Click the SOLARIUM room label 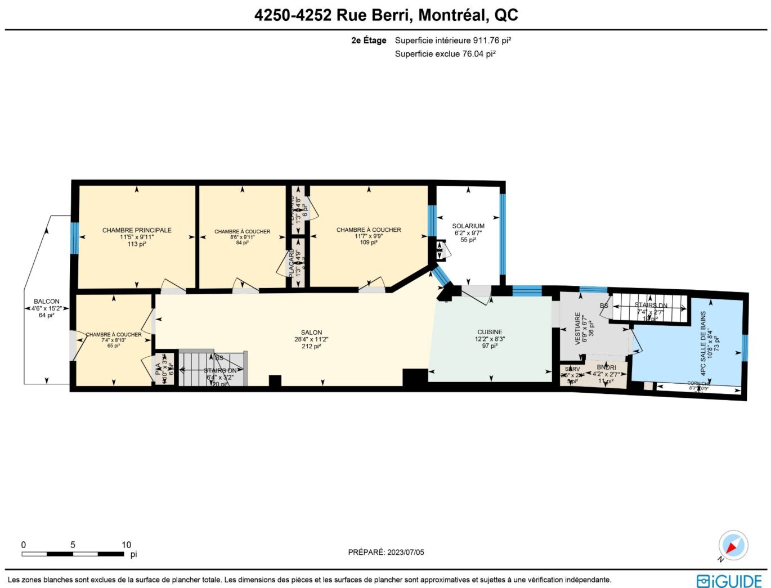pyautogui.click(x=468, y=226)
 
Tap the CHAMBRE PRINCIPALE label pyautogui.click(x=137, y=230)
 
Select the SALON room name pyautogui.click(x=311, y=333)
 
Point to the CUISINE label pyautogui.click(x=490, y=332)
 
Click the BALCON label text pyautogui.click(x=46, y=302)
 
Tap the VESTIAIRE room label pyautogui.click(x=578, y=328)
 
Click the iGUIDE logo pyautogui.click(x=729, y=581)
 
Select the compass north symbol pyautogui.click(x=733, y=545)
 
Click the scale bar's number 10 pyautogui.click(x=126, y=545)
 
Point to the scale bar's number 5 pyautogui.click(x=73, y=545)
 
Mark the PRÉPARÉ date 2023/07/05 pyautogui.click(x=405, y=552)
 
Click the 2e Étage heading pyautogui.click(x=369, y=41)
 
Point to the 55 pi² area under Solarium pyautogui.click(x=468, y=240)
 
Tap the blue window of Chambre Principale pyautogui.click(x=74, y=238)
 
